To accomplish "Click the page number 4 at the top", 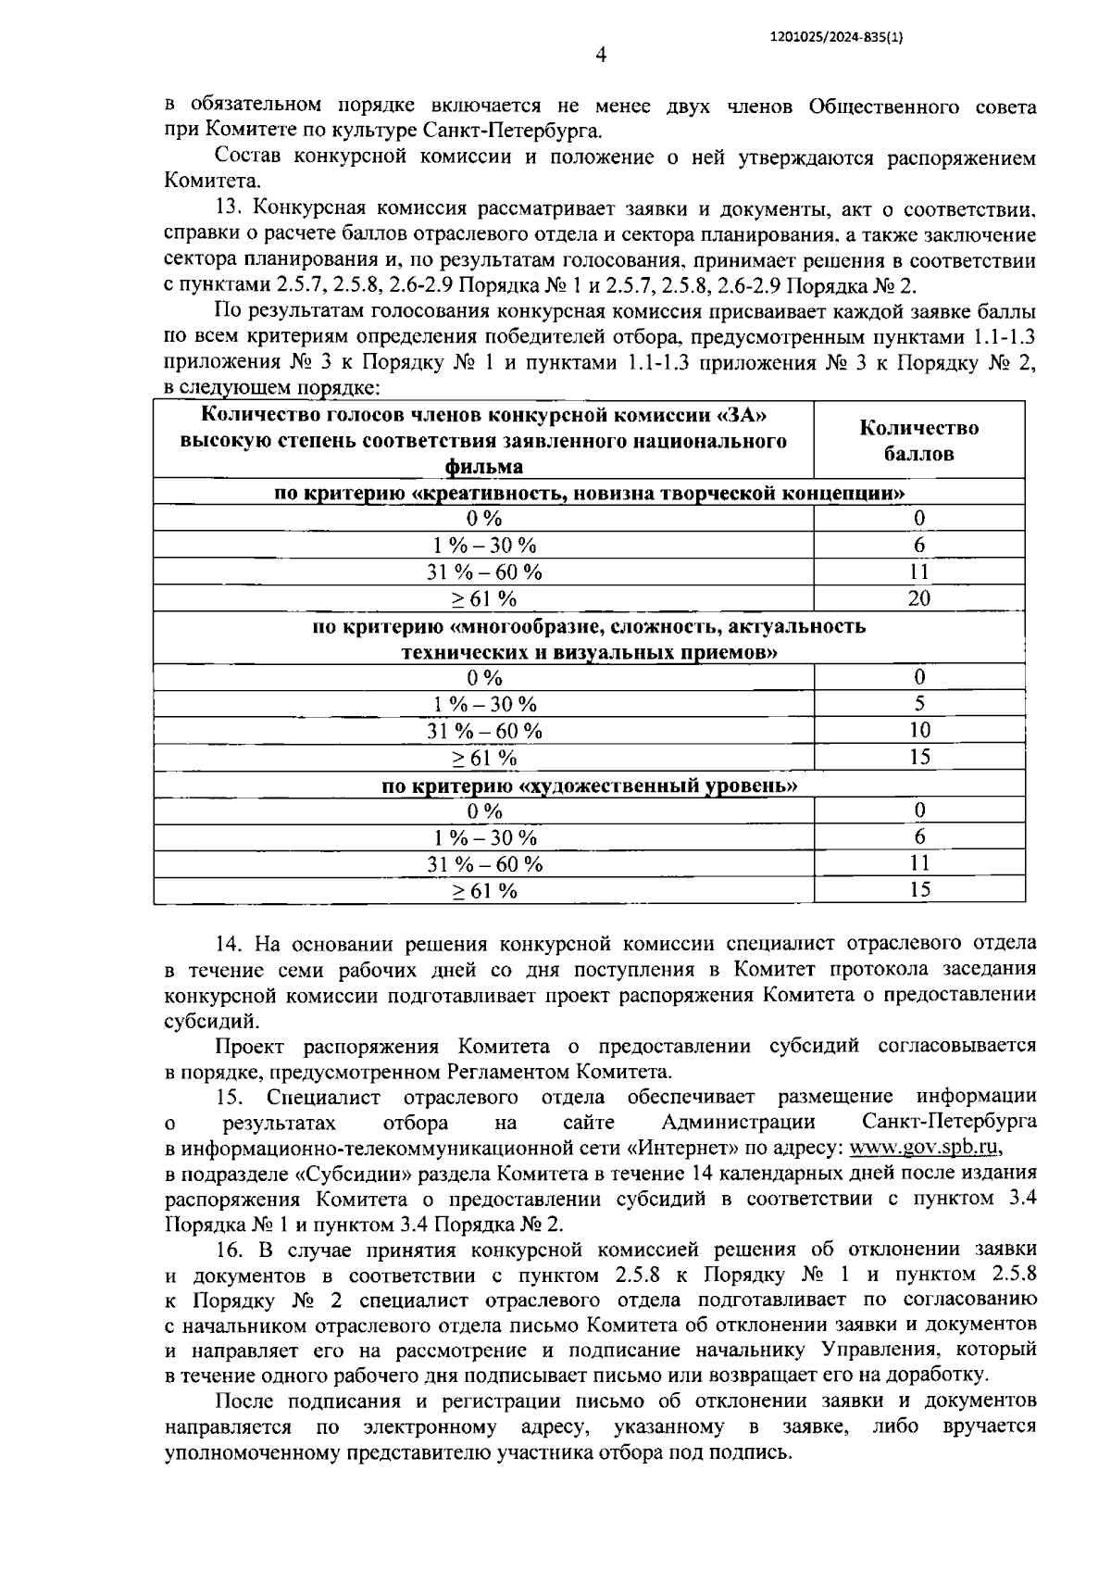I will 601,57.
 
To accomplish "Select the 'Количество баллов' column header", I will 918,440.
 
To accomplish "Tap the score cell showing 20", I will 918,598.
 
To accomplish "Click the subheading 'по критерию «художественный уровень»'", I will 590,785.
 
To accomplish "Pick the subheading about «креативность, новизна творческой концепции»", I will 590,493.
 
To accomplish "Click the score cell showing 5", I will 918,703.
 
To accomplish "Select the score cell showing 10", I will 918,730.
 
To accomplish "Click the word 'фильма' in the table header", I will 483,467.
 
